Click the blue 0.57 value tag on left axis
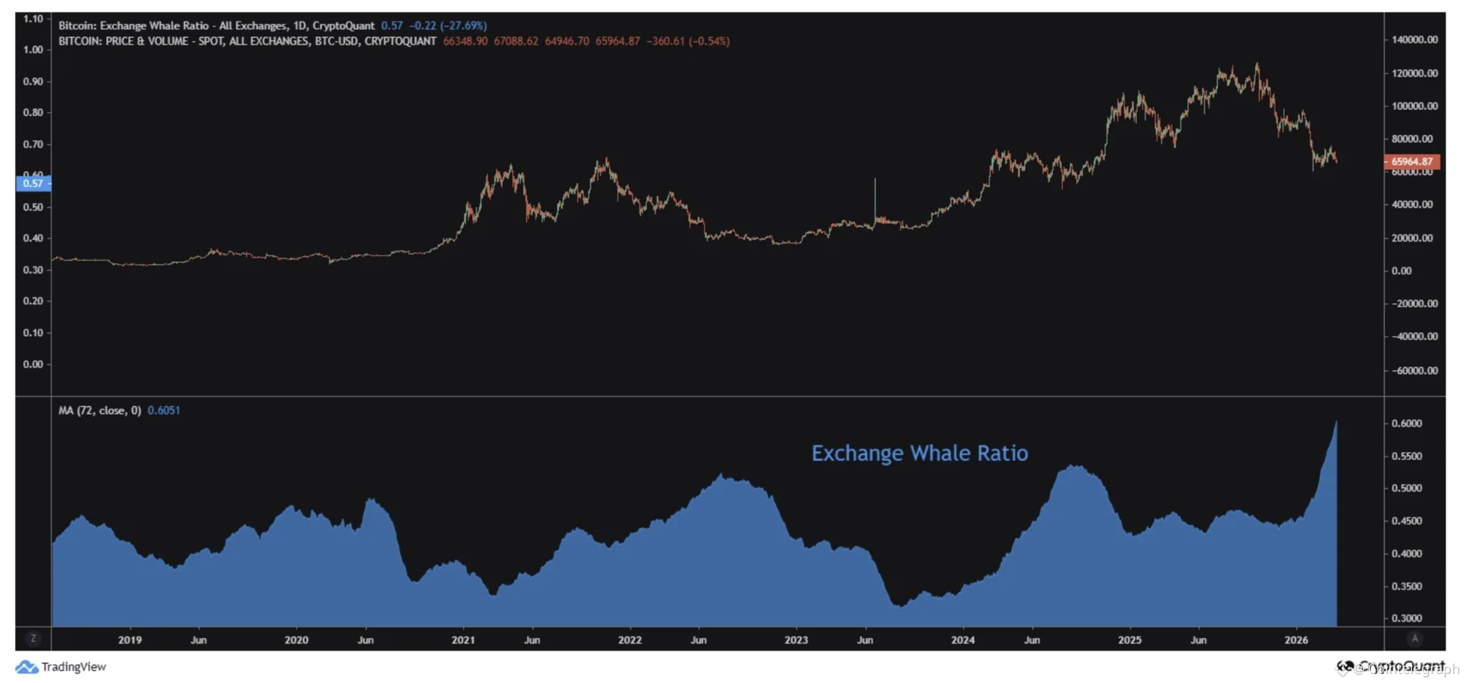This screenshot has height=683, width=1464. click(x=33, y=184)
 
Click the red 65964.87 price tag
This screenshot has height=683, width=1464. click(x=1412, y=161)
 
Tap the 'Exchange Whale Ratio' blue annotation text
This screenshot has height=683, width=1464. click(x=919, y=453)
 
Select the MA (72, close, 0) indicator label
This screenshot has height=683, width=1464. click(x=100, y=410)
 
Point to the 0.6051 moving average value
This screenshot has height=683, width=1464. click(x=163, y=410)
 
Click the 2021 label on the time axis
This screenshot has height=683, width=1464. click(x=463, y=640)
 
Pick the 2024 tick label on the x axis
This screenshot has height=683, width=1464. click(x=962, y=640)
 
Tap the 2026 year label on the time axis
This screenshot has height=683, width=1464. click(x=1296, y=640)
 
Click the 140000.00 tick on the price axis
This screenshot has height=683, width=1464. click(x=1414, y=40)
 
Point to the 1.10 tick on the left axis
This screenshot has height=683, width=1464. click(x=33, y=19)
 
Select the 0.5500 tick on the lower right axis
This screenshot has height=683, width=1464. click(x=1406, y=456)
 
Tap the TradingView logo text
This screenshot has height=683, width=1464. click(x=74, y=667)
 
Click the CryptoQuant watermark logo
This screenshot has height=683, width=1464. click(x=1390, y=666)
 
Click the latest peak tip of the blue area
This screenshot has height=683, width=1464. click(x=1336, y=422)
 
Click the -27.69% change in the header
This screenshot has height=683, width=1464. click(x=463, y=25)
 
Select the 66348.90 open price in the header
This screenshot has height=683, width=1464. click(x=465, y=41)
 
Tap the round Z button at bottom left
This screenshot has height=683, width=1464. click(x=33, y=639)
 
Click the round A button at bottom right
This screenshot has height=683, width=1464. click(x=1414, y=639)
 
